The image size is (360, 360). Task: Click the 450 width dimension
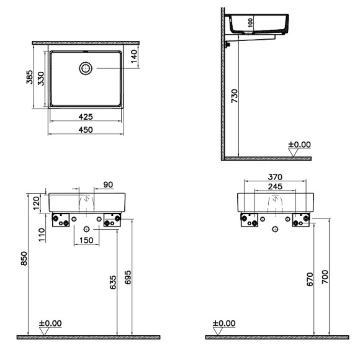pos(85,130)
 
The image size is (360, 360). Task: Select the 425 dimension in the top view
pos(85,116)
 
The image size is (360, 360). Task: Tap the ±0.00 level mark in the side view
pos(300,145)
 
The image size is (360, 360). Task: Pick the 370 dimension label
pos(276,177)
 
